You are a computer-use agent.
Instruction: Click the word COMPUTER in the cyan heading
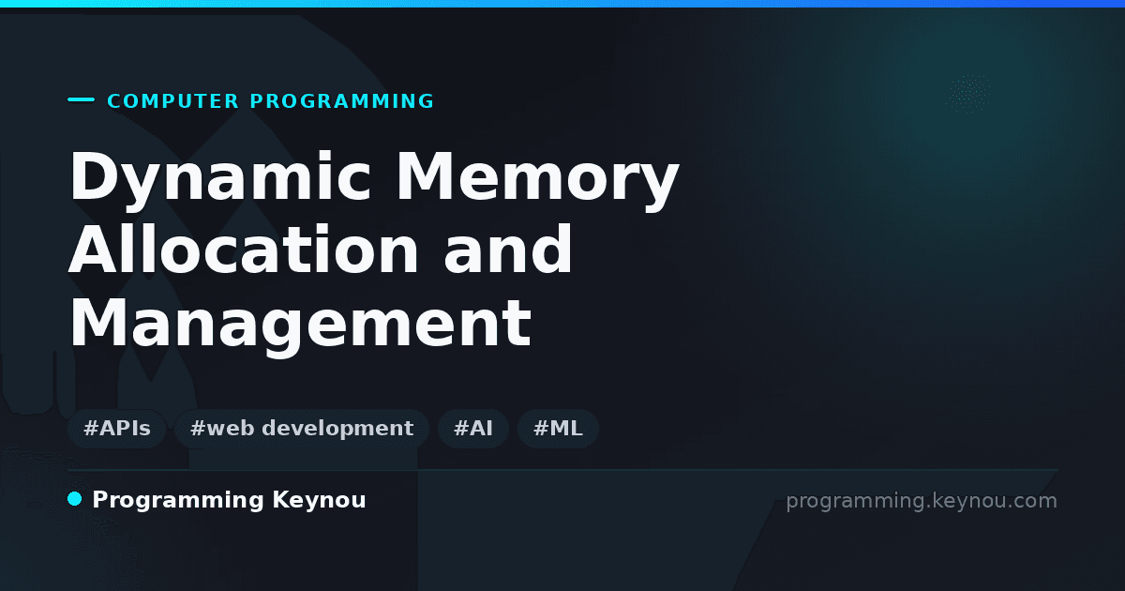[x=173, y=101]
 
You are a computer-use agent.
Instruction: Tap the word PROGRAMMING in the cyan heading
[x=342, y=101]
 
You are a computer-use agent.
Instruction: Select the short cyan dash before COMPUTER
[x=81, y=99]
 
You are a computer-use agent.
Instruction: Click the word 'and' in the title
[x=508, y=250]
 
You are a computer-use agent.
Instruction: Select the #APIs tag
[x=117, y=429]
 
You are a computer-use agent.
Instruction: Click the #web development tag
[x=302, y=429]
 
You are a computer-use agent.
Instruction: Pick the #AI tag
[x=473, y=429]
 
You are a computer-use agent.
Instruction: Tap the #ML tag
[x=558, y=429]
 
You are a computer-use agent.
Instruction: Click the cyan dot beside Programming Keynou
[x=74, y=499]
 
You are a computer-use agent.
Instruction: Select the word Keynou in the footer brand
[x=319, y=500]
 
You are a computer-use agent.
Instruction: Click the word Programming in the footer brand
[x=178, y=501]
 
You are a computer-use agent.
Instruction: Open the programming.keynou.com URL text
[x=922, y=501]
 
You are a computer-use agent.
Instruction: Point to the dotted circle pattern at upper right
[x=968, y=94]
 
